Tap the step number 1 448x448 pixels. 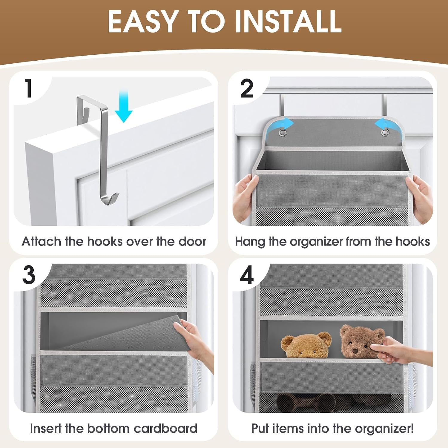point(29,88)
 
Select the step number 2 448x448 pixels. point(247,88)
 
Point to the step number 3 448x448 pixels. point(29,275)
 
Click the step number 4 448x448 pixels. point(247,275)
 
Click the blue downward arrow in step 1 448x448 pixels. point(124,107)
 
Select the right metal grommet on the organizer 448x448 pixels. point(385,132)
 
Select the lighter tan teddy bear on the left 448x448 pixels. point(306,345)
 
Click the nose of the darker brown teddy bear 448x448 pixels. point(355,350)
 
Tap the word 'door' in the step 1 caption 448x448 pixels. point(192,241)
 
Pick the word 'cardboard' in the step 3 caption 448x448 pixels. point(165,428)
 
